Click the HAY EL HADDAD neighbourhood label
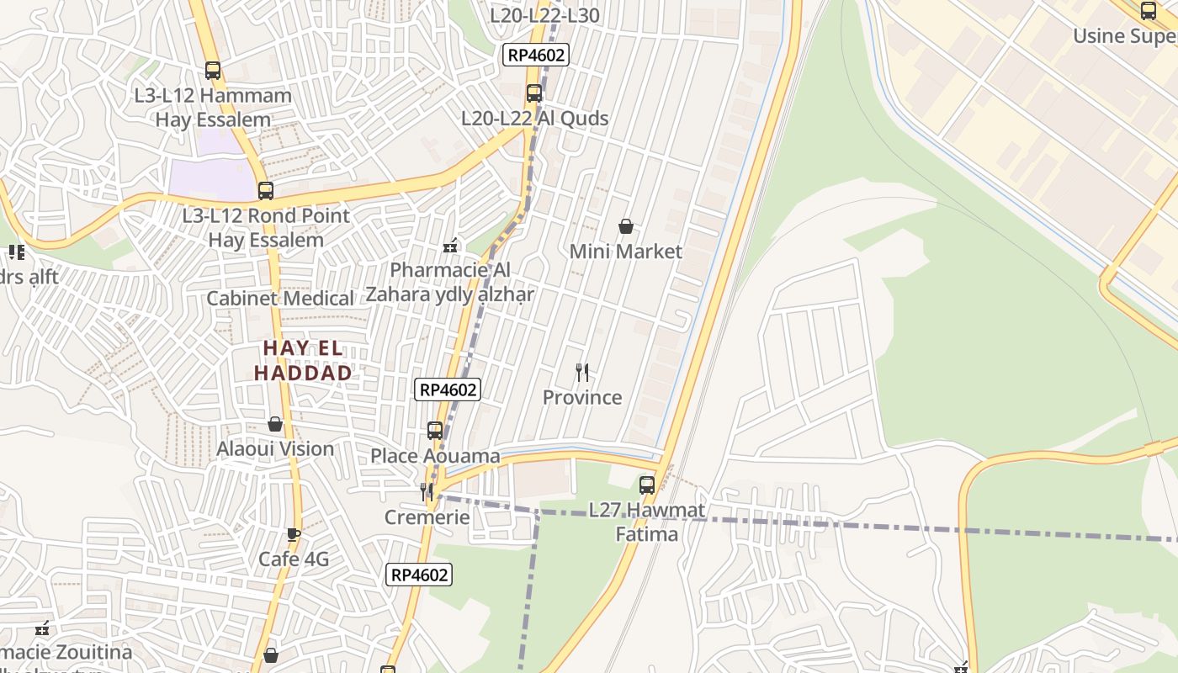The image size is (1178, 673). (303, 360)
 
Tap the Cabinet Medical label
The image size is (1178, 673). (280, 299)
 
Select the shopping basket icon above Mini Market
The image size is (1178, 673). (626, 226)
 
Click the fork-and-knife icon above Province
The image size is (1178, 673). (581, 372)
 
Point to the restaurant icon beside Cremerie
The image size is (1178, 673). (427, 492)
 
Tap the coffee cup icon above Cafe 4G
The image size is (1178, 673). (293, 534)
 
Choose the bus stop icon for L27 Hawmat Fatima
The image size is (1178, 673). (646, 485)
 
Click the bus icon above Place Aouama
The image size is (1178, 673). (435, 431)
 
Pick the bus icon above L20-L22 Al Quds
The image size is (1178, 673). (533, 93)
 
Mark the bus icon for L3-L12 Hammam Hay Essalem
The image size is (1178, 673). (213, 71)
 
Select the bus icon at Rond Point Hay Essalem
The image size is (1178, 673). (266, 191)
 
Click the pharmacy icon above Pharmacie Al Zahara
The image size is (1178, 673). (450, 246)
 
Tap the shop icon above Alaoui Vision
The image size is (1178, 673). (275, 424)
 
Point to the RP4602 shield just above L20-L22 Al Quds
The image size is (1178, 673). (536, 56)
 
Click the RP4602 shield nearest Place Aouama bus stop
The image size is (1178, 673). (448, 389)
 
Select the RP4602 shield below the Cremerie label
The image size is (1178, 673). (419, 575)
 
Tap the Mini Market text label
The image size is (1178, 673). (626, 252)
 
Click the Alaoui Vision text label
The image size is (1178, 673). (275, 449)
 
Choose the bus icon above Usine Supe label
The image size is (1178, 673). (1149, 11)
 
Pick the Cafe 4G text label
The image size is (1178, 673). (293, 559)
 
